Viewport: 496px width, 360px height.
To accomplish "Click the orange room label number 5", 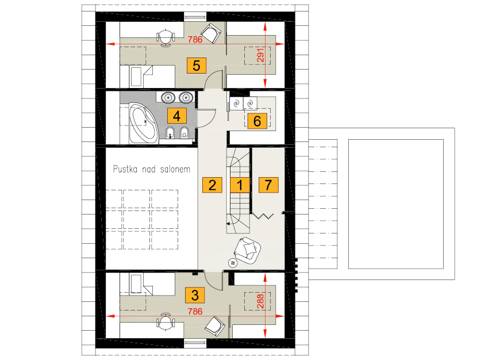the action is (x=197, y=66).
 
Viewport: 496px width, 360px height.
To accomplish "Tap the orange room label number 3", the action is (x=195, y=295).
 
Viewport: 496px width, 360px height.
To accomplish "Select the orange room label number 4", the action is (x=176, y=116).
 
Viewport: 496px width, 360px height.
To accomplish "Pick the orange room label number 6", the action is (x=257, y=121).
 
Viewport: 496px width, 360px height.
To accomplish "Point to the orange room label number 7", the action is (x=268, y=185).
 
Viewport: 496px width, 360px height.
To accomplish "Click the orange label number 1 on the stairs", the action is (x=240, y=185).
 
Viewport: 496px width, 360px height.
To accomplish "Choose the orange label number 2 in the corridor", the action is (x=212, y=185).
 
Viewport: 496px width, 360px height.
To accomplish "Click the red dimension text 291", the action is (x=260, y=55).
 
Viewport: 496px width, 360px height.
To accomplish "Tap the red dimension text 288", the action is (x=260, y=301).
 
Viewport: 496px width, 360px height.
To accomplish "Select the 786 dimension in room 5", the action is (x=195, y=39).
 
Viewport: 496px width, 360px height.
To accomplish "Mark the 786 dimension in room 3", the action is (x=195, y=312).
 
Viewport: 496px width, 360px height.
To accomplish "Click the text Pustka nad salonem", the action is (x=152, y=169).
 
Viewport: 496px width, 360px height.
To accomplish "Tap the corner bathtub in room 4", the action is (x=143, y=123).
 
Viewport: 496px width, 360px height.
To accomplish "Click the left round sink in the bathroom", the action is (x=168, y=97).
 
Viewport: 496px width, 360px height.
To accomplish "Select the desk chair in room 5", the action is (x=165, y=37).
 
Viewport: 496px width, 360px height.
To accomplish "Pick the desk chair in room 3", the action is (x=166, y=321).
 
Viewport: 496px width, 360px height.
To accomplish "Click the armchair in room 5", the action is (x=211, y=33).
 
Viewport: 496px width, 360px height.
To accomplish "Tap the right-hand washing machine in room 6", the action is (x=250, y=104).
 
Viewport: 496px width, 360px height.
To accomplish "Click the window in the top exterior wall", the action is (x=195, y=17).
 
